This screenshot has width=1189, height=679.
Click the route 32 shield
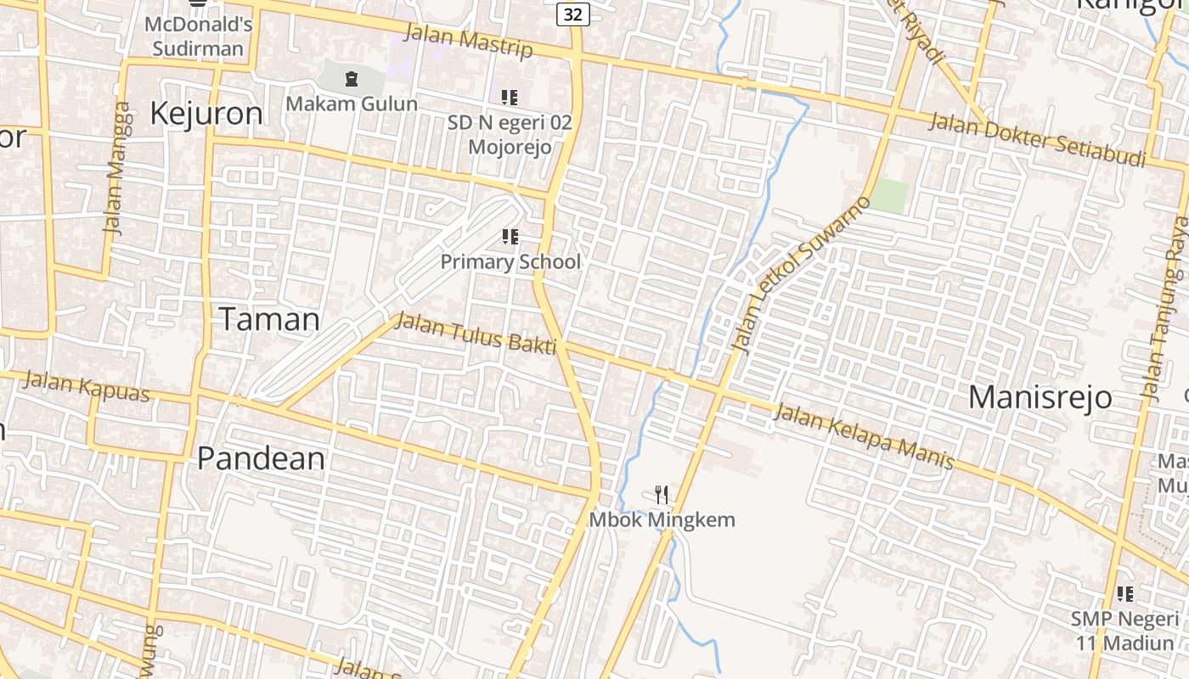(x=573, y=14)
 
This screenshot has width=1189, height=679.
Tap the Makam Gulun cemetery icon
(x=352, y=80)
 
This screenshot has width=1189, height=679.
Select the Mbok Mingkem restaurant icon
(x=662, y=494)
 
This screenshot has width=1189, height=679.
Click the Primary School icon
(x=510, y=237)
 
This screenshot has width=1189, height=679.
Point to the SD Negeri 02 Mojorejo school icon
(x=510, y=98)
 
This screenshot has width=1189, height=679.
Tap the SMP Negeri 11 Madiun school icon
(x=1125, y=594)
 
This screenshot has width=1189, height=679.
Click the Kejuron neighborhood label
(x=206, y=113)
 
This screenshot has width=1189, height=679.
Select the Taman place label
(x=270, y=319)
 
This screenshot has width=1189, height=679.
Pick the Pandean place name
(x=261, y=458)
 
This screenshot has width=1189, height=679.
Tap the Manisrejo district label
(x=1040, y=396)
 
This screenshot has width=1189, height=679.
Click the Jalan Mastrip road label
(x=468, y=41)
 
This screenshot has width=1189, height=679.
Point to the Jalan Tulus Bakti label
(x=476, y=333)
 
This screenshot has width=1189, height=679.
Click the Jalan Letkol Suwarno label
(x=801, y=274)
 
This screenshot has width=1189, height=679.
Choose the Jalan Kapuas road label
(x=86, y=386)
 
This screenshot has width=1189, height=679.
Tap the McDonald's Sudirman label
(x=198, y=36)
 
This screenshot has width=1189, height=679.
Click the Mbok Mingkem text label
(x=662, y=519)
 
